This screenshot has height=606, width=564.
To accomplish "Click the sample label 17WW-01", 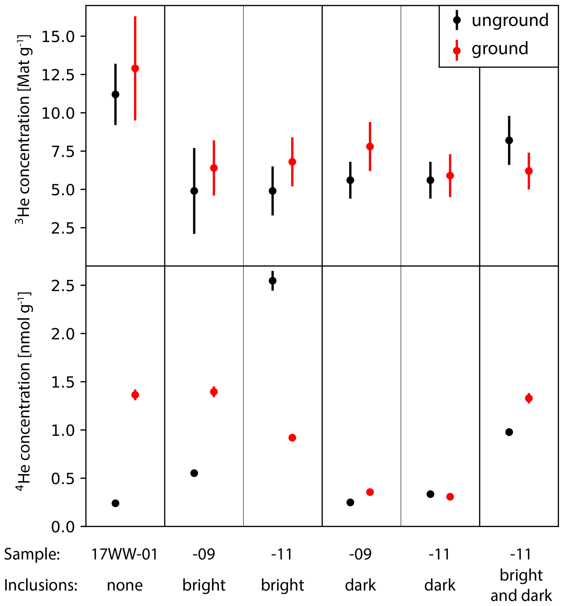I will coord(124,554).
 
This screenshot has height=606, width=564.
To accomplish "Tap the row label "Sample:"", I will coord(32,554).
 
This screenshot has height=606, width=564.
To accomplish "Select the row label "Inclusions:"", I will coord(41,585).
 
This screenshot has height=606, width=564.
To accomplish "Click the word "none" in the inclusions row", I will coord(125,585).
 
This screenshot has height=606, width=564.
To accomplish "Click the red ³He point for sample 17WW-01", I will coord(135,69).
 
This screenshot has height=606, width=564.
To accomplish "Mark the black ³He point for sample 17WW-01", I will coord(115,95).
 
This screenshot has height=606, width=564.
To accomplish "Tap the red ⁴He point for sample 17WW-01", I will coord(135,395).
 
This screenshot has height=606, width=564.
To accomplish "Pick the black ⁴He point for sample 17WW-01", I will coord(115,503).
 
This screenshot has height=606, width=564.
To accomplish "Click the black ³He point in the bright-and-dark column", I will coord(509,140).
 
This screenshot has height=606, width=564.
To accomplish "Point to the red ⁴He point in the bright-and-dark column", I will coord(529,398).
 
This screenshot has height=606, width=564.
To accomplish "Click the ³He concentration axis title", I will coord(23,130).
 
